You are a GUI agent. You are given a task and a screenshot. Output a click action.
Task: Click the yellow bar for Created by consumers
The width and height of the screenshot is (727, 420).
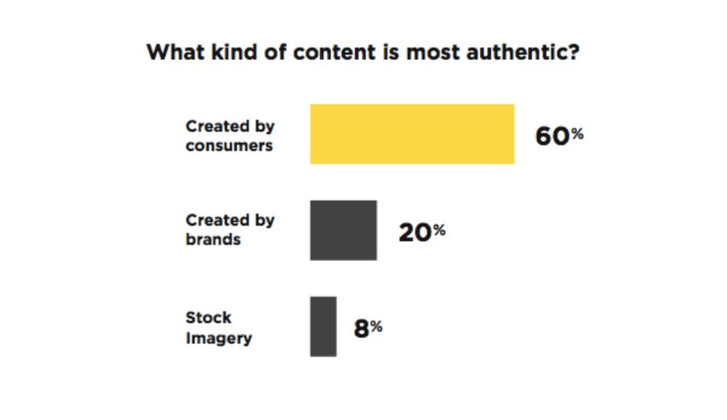(x=411, y=133)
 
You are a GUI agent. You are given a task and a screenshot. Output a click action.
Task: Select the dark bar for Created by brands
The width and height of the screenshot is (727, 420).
(x=343, y=230)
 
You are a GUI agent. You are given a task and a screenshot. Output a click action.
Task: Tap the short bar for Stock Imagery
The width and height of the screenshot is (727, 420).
(x=322, y=326)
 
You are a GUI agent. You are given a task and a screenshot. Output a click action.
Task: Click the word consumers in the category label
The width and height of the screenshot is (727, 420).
(x=229, y=145)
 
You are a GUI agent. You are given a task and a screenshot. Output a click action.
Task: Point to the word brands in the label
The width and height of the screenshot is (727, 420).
(x=213, y=240)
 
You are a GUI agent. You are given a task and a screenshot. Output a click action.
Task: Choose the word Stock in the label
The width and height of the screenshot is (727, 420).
(x=208, y=317)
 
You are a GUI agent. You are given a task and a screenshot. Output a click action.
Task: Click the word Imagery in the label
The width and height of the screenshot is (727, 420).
(x=218, y=338)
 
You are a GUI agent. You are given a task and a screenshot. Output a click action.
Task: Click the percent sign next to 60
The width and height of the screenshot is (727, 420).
(x=576, y=133)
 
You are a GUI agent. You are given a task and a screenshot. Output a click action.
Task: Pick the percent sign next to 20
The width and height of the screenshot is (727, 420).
(x=439, y=228)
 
